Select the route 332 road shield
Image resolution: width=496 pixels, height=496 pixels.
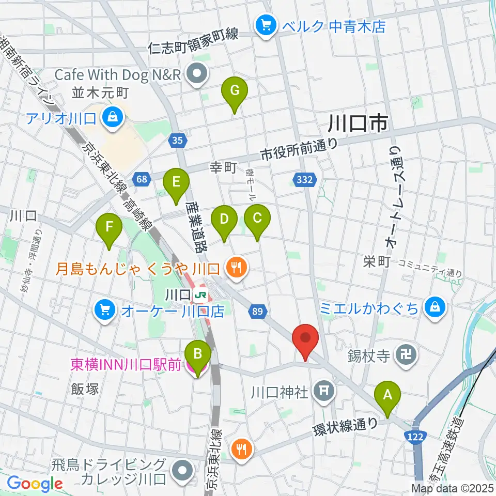pos(305,179)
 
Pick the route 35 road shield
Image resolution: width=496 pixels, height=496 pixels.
pos(177,140)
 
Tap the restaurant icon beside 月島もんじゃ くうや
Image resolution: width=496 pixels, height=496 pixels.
pos(237,268)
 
